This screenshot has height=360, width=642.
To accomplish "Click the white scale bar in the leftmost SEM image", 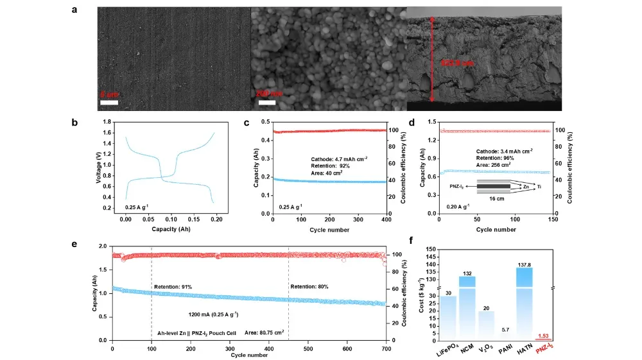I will click(x=108, y=101).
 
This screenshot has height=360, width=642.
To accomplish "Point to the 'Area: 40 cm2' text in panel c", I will click(x=328, y=173).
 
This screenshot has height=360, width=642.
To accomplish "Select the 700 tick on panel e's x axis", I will click(x=386, y=348).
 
